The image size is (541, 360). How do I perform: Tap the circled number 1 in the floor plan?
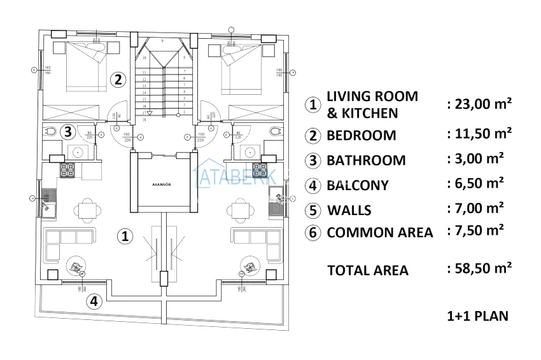126,236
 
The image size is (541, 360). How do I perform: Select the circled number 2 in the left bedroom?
117,80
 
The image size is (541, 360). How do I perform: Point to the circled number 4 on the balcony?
94,301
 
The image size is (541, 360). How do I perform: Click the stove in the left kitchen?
68,170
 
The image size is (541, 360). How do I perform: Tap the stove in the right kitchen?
260,170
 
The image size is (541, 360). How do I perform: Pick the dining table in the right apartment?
241,209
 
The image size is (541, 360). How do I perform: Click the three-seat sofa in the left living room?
69,238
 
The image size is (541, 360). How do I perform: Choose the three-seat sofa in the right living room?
258,238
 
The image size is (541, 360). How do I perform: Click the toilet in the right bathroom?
274,132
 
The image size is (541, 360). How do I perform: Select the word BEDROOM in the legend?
361,135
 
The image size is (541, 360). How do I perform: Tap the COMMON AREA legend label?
379,232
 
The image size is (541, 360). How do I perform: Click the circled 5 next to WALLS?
312,210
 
